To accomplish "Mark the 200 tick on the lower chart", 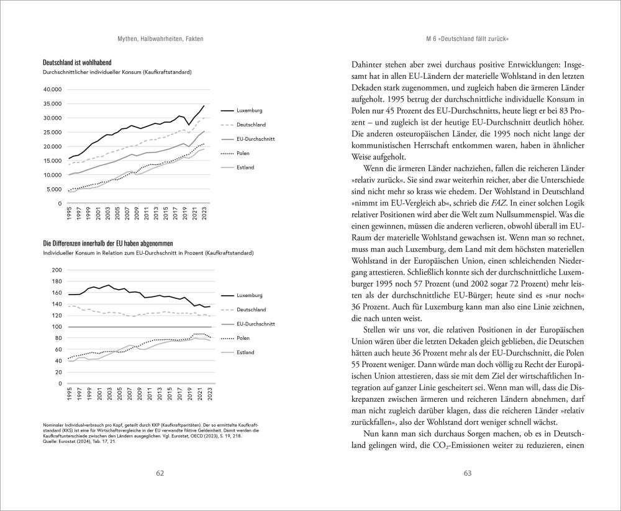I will coord(58,270).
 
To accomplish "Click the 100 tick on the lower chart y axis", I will coord(58,327).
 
